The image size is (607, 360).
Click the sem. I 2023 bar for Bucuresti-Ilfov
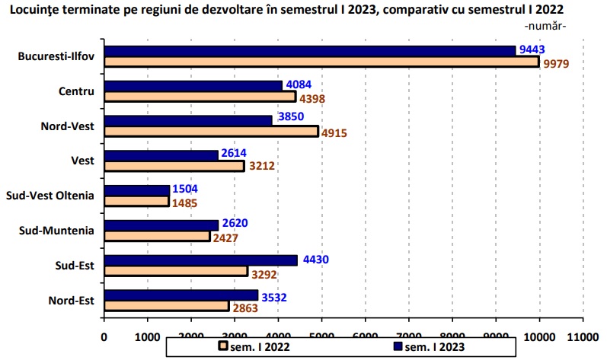[310, 51]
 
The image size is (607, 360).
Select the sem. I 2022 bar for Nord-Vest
[211, 132]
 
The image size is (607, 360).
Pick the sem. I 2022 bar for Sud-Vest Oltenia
[136, 201]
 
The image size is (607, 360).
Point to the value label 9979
[557, 63]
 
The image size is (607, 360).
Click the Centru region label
[76, 91]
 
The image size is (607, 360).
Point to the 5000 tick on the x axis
[322, 333]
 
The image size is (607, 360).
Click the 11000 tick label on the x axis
[583, 333]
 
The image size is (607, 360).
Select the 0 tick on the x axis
[104, 333]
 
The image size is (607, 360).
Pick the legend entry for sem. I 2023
[433, 347]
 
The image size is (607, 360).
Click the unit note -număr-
[546, 27]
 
